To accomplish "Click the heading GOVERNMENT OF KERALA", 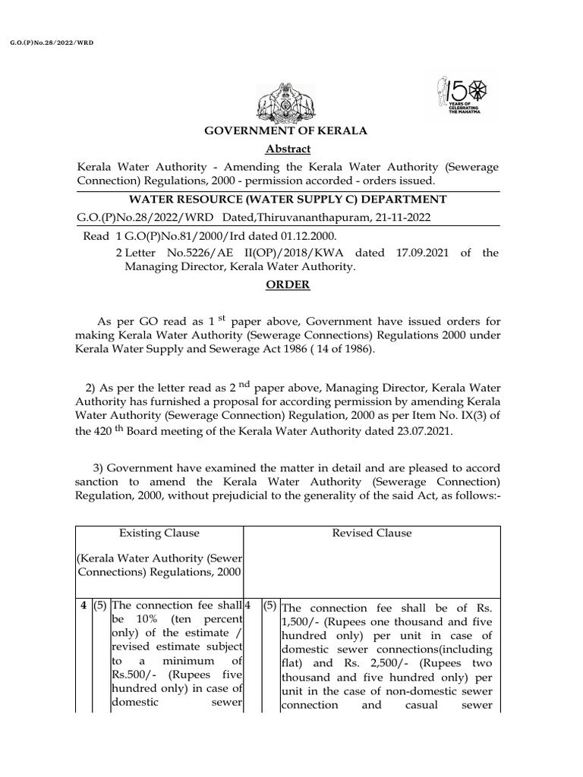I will point(286,131).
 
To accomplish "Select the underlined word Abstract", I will point(288,149).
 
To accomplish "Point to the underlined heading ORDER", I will point(287,285).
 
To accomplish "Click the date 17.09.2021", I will point(416,253).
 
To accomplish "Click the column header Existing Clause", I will point(159,533).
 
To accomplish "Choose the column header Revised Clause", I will point(372,533).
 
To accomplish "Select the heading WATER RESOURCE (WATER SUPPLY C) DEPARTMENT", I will point(287,199).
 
